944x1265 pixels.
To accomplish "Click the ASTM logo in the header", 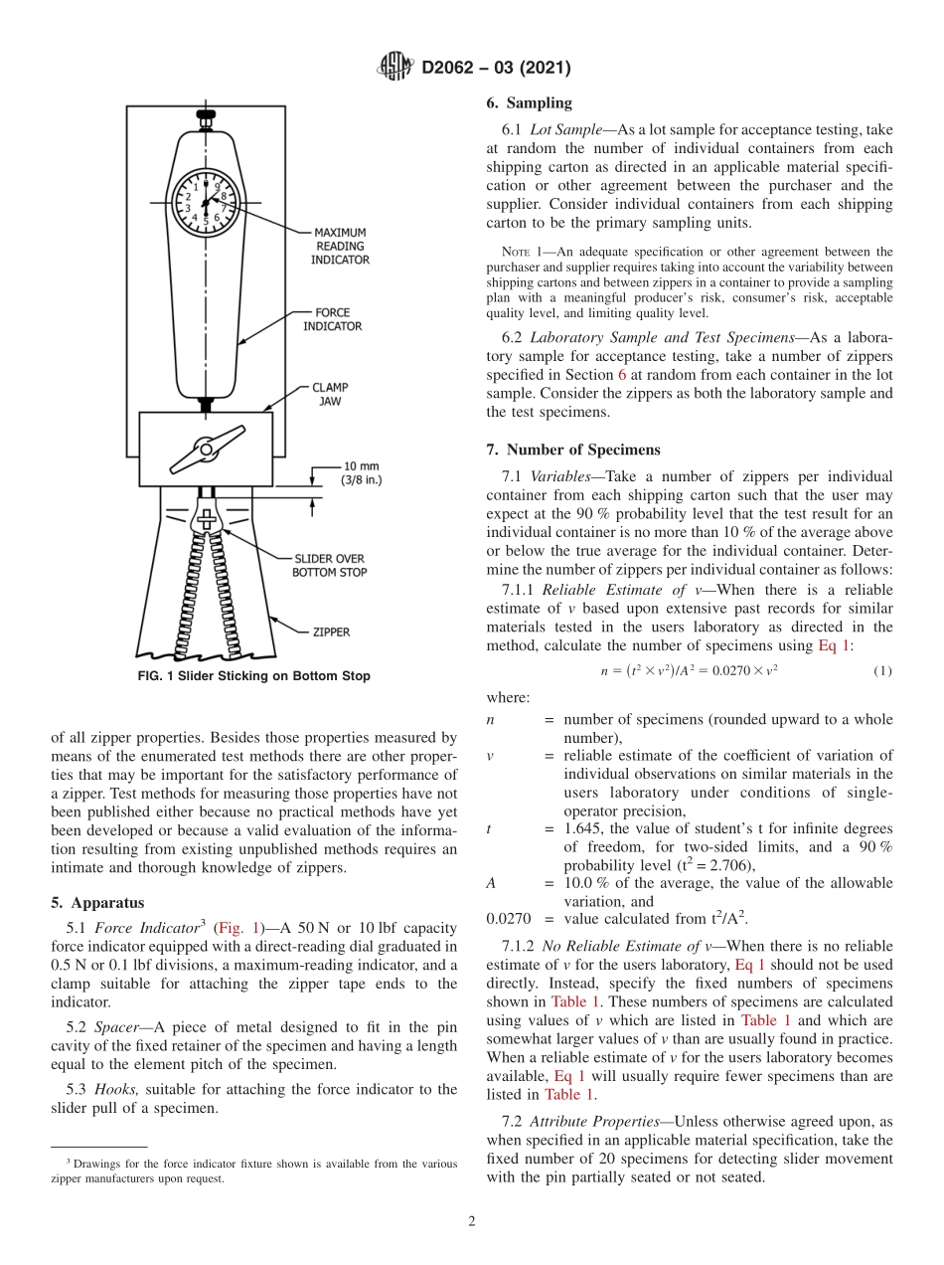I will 396,67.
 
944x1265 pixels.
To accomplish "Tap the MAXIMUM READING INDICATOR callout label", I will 341,246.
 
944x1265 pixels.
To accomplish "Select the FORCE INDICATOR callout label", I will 332,319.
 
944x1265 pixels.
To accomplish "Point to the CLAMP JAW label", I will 331,394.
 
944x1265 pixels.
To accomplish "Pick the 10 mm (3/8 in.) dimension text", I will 362,472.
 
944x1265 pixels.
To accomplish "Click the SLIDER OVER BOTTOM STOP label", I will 329,565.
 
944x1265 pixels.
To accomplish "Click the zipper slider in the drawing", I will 207,522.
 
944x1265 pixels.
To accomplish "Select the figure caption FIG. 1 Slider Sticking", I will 252,676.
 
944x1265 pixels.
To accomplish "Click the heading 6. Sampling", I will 529,102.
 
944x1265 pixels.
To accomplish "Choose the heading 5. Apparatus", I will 96,903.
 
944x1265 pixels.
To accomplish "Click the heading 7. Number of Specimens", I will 572,450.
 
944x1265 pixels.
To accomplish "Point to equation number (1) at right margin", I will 881,670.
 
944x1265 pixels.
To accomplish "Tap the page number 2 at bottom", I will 471,1221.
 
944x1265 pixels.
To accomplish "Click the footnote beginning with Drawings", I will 253,1171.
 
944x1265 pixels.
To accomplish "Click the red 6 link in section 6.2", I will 622,375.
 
